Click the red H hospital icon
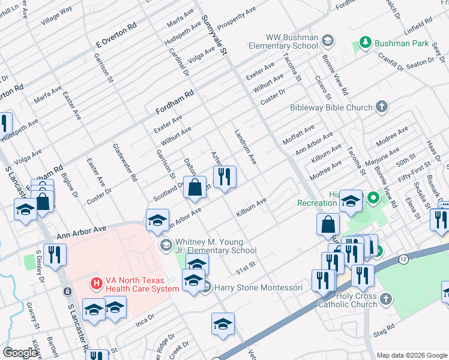tap(94, 283)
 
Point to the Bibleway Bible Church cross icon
tap(381, 107)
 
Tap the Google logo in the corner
tap(20, 353)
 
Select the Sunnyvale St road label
tap(215, 36)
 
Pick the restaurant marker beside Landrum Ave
tap(224, 177)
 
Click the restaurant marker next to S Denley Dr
tap(55, 254)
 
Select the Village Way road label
tap(56, 15)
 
